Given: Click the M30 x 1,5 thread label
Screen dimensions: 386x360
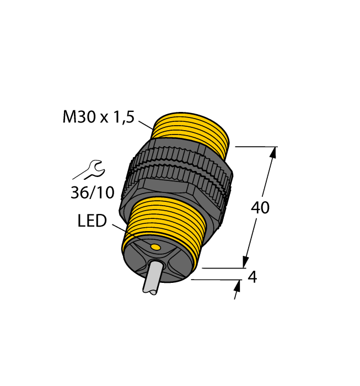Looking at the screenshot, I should pyautogui.click(x=99, y=117).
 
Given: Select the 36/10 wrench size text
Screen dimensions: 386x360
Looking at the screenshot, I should pyautogui.click(x=92, y=192).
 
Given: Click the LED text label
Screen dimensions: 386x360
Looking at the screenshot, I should pyautogui.click(x=92, y=222).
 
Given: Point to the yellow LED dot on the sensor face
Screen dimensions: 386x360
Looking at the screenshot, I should pyautogui.click(x=155, y=245).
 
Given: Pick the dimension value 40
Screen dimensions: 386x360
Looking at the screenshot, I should pyautogui.click(x=260, y=208).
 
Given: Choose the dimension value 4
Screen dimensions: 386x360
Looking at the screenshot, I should pyautogui.click(x=252, y=277).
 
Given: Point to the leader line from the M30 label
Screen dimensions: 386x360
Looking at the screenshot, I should pyautogui.click(x=146, y=125).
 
